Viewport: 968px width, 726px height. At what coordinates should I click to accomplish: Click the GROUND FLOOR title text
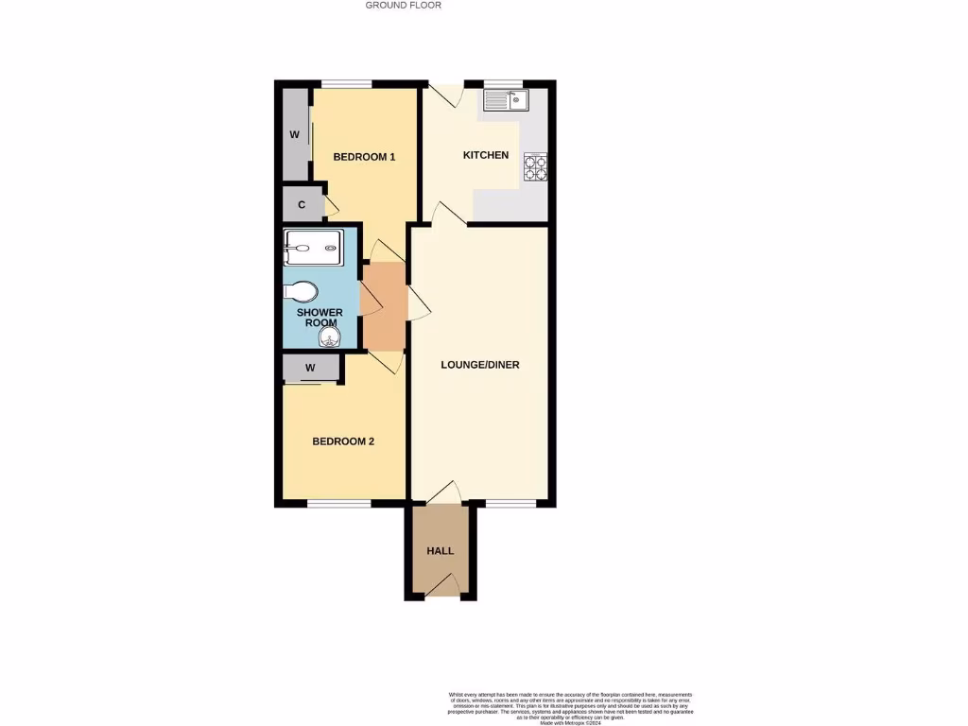coord(404,6)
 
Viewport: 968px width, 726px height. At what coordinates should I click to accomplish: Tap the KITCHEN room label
coord(485,155)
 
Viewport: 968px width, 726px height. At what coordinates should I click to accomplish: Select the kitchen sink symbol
coord(507,99)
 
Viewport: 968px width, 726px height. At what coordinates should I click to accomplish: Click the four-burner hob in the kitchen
coord(535,166)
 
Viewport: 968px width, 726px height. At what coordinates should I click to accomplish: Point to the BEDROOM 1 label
coord(364,157)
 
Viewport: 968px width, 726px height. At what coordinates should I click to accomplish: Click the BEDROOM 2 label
coord(344,441)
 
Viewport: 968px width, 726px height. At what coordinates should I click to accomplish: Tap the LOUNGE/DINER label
coord(480,365)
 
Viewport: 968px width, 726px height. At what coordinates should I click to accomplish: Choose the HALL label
coord(440,551)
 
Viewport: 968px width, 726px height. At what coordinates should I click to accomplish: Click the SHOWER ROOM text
coord(320,318)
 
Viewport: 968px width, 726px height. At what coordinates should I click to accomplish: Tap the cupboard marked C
coord(302,205)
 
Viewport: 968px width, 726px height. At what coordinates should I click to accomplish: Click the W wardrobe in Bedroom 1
coord(294,134)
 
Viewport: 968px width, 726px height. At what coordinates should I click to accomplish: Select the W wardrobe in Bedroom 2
coord(311,368)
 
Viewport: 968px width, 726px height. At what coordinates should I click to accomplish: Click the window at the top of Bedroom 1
coord(342,83)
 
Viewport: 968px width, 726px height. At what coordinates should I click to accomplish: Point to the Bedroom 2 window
coord(339,504)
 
